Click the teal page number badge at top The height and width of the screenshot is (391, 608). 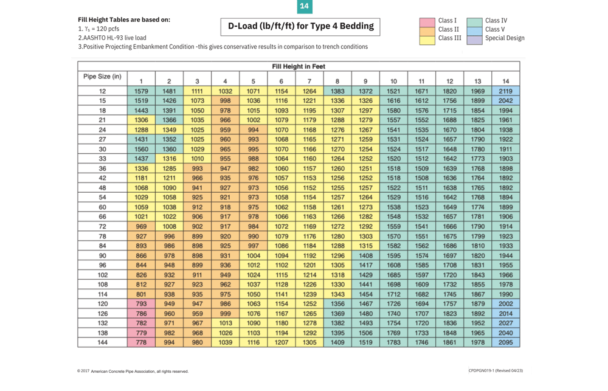point(304,7)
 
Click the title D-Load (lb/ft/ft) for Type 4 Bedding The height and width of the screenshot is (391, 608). point(300,26)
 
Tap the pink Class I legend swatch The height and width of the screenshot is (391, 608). point(427,21)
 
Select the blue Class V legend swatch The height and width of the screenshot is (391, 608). point(475,29)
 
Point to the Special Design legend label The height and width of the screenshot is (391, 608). point(505,38)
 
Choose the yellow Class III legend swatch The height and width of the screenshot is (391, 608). point(427,39)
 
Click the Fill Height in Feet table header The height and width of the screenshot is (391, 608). point(299,66)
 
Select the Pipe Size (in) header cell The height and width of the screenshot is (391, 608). point(102,77)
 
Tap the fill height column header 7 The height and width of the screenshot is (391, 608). point(309,81)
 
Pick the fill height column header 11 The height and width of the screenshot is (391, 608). point(421,81)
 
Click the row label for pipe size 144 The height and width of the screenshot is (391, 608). point(102,342)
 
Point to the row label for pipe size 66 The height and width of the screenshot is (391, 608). point(102,216)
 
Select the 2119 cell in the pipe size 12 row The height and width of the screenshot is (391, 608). point(505,91)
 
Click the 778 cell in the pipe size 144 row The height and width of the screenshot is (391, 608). point(141,342)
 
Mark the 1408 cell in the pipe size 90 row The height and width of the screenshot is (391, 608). point(365,255)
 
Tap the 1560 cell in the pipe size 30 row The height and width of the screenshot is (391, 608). point(141,149)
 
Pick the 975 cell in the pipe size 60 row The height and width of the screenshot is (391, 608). point(253,207)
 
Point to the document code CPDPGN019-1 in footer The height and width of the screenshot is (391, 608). point(496,371)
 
